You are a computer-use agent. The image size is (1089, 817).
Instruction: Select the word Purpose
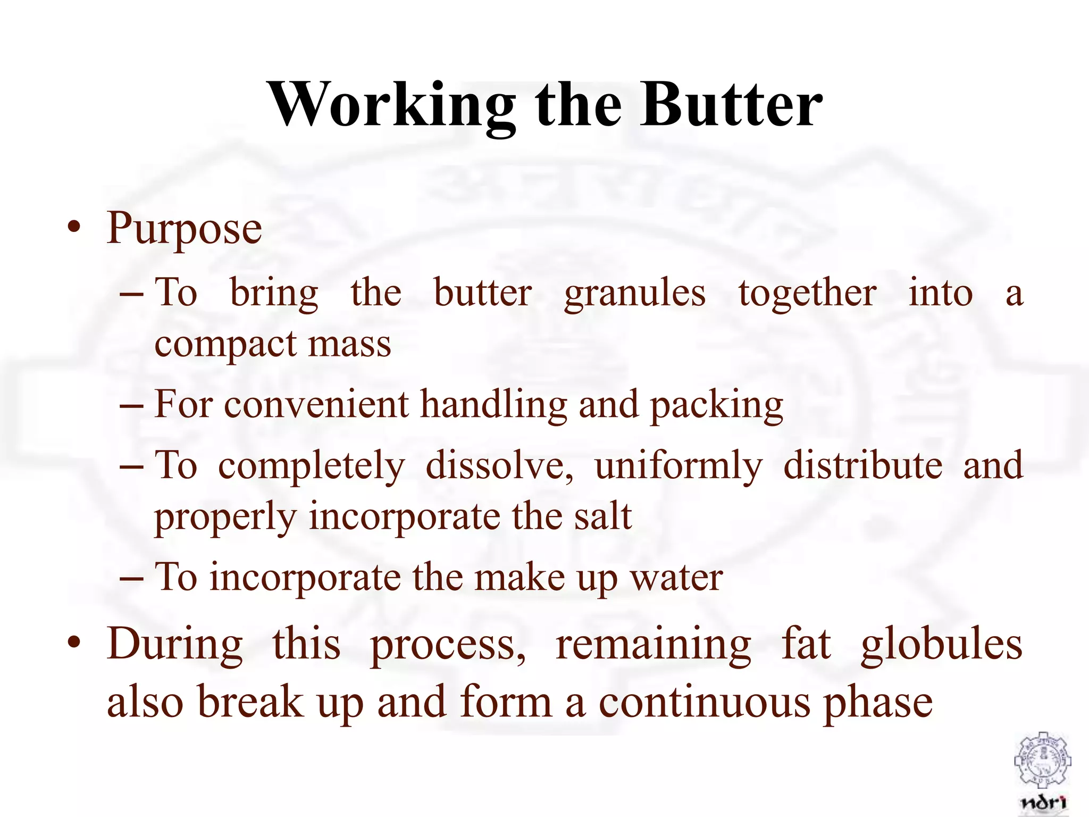pos(185,229)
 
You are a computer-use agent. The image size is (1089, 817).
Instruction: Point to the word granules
pos(635,294)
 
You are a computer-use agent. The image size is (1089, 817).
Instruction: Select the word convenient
pos(316,405)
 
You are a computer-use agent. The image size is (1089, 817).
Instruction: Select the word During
pos(175,645)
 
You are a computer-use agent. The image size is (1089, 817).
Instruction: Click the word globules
pos(941,645)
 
